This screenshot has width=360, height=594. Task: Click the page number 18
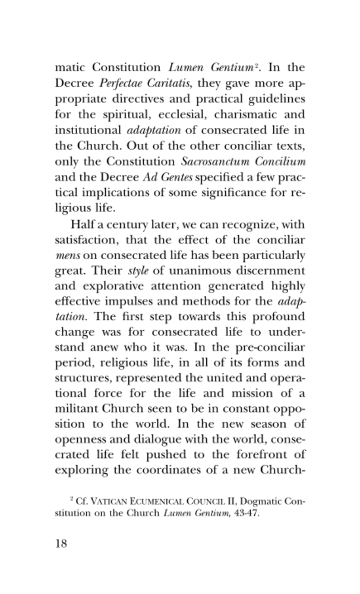click(61, 544)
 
